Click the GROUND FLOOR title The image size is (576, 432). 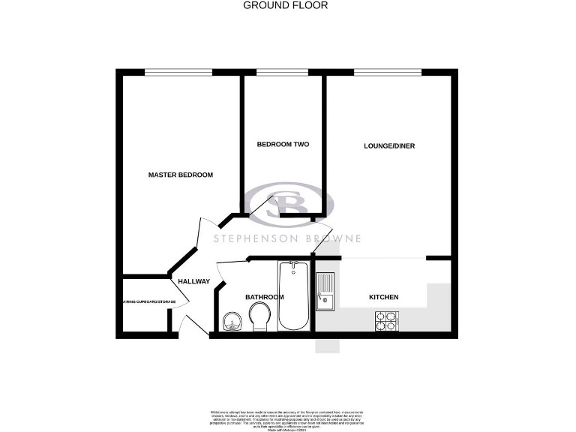(x=286, y=5)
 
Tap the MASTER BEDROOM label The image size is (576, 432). (x=181, y=175)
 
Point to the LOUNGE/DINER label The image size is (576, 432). (x=389, y=145)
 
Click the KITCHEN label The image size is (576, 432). (x=383, y=297)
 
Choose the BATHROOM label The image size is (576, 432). (x=265, y=297)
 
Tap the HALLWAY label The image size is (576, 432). (x=193, y=281)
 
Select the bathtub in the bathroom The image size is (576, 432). (x=292, y=295)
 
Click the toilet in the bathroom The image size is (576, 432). (x=260, y=317)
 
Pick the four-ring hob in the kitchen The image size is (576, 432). (x=385, y=321)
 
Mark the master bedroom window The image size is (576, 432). (x=178, y=72)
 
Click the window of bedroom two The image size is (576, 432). (x=282, y=72)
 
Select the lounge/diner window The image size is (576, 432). (x=388, y=72)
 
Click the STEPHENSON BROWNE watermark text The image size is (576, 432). (x=288, y=238)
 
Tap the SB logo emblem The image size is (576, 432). (x=289, y=204)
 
